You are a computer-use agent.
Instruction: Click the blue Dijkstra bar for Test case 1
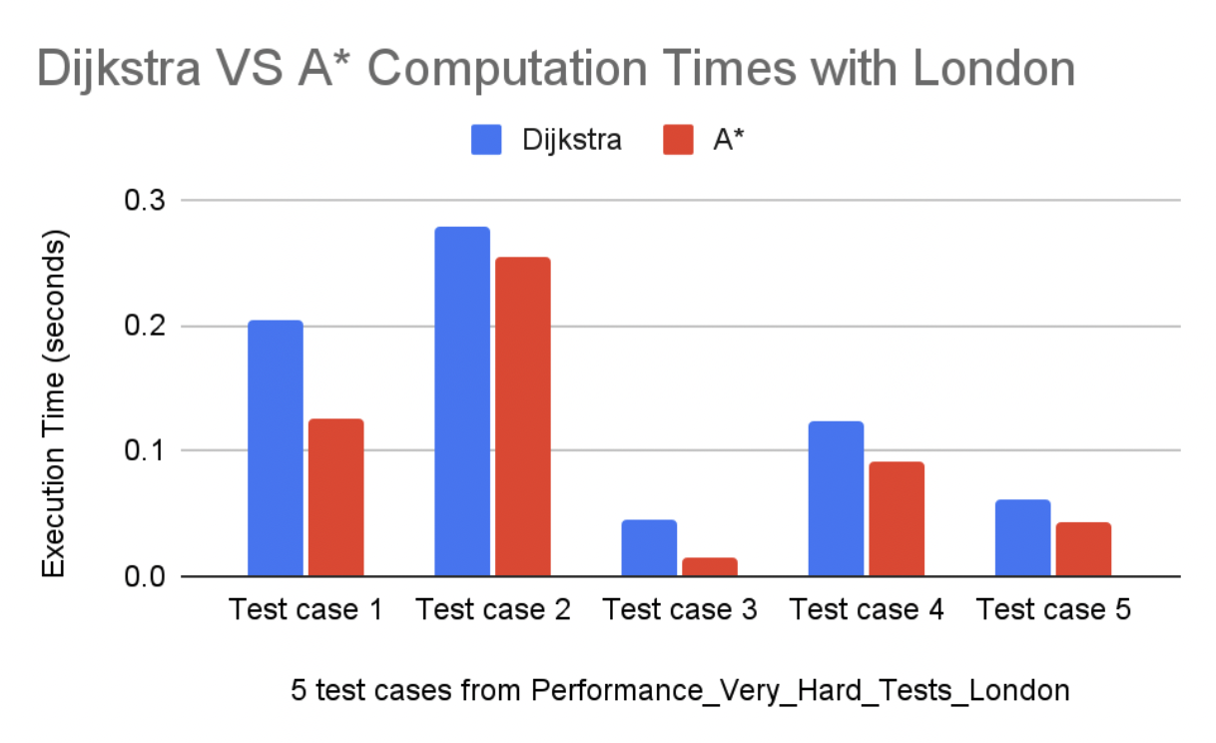click(x=276, y=448)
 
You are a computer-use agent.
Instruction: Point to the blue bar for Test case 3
click(x=649, y=548)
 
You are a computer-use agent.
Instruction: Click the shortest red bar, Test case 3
click(x=709, y=566)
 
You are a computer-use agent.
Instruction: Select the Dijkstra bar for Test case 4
click(x=836, y=498)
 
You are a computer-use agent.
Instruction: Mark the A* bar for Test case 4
click(x=896, y=518)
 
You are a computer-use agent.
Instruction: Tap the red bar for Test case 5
click(x=1083, y=548)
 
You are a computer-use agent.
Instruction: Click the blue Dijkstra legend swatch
click(x=486, y=141)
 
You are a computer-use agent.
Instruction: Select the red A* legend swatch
click(x=678, y=141)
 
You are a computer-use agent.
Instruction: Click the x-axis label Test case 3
click(x=680, y=609)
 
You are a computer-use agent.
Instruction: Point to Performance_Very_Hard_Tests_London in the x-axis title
click(x=801, y=690)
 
